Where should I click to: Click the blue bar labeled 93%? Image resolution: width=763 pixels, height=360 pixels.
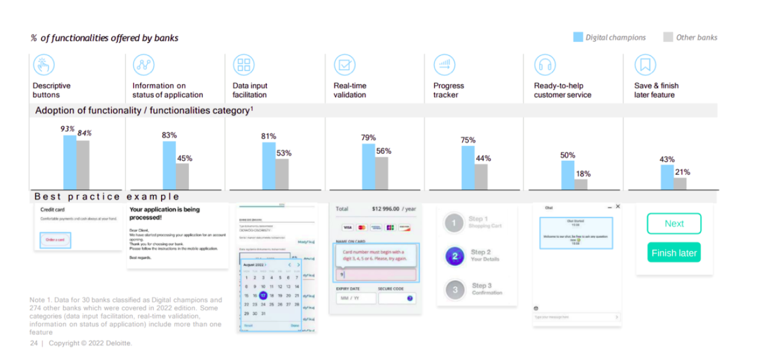click(70, 162)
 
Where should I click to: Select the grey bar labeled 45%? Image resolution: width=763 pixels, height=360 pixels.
click(182, 176)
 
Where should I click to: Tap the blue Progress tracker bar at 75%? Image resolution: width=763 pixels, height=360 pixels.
click(468, 167)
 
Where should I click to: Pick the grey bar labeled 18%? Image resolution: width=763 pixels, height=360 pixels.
click(581, 184)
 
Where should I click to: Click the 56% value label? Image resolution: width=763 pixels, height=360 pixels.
click(384, 151)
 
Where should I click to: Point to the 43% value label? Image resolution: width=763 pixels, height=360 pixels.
click(667, 160)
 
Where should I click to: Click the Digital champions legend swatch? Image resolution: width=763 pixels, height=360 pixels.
click(578, 37)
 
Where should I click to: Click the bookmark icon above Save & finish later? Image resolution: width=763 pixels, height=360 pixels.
click(645, 64)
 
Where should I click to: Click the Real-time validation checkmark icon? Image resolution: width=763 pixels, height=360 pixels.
click(344, 64)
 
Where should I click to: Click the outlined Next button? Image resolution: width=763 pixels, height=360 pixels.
click(674, 224)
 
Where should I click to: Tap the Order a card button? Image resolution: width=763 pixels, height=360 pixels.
click(55, 240)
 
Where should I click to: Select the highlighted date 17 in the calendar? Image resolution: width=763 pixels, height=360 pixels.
click(263, 296)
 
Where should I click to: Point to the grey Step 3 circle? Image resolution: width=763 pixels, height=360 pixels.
click(454, 290)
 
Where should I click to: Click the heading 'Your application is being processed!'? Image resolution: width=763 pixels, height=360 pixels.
click(165, 213)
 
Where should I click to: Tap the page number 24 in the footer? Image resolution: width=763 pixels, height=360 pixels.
click(34, 343)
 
